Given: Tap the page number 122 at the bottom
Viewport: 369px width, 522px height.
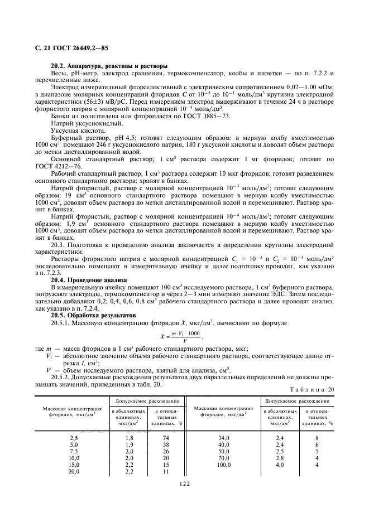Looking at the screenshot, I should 184,484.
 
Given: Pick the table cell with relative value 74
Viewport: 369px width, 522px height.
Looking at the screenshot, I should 166,438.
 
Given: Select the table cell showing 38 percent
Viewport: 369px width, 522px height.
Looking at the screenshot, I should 166,444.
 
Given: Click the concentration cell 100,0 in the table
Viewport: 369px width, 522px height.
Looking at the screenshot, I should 224,465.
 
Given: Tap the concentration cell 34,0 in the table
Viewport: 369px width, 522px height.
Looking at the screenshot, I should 224,438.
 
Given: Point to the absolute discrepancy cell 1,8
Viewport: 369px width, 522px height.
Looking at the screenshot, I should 129,438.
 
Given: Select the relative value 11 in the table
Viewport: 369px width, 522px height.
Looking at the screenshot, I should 166,471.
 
